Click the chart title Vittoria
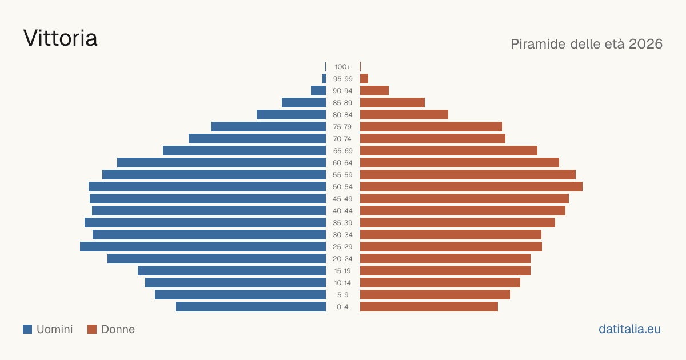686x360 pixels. click(61, 38)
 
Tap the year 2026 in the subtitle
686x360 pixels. click(645, 44)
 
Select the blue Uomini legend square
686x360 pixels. click(27, 329)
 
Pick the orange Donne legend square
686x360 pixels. click(92, 329)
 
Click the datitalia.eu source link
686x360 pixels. click(629, 329)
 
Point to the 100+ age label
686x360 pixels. click(342, 67)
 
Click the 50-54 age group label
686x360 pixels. click(342, 187)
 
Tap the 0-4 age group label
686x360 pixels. click(342, 307)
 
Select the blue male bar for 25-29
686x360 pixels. click(203, 247)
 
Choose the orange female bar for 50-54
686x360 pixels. click(471, 187)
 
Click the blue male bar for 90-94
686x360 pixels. click(318, 91)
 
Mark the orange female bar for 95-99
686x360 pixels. click(364, 79)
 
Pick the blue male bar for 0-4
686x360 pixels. click(250, 307)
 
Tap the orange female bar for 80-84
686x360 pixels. click(404, 115)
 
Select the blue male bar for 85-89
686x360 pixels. click(304, 102)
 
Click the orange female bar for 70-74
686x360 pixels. click(433, 139)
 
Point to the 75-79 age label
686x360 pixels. click(342, 127)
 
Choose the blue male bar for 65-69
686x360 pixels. click(245, 151)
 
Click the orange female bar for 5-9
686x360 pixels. click(435, 295)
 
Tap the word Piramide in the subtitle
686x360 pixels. click(539, 44)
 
